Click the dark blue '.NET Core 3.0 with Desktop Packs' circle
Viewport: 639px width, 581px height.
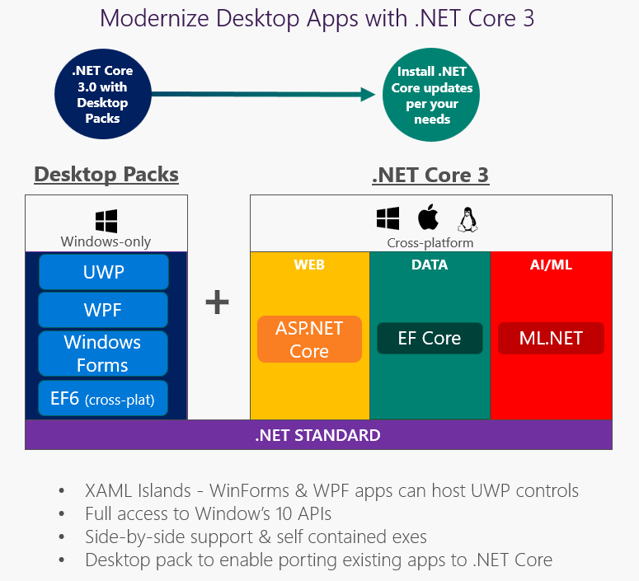coord(102,95)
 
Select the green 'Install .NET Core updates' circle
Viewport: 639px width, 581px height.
coord(431,95)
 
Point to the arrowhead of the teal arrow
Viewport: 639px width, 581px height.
coord(368,95)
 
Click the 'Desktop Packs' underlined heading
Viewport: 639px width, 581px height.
coord(106,175)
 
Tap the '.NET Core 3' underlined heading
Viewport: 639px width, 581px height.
coord(430,175)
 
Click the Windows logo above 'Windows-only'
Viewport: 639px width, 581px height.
coord(106,221)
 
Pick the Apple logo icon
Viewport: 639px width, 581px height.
coord(427,218)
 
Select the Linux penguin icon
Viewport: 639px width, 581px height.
coord(468,219)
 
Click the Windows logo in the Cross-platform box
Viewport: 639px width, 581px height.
coord(388,218)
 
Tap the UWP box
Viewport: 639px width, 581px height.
coord(104,272)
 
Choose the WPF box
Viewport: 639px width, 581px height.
coord(104,310)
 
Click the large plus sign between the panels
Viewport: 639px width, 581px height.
coord(217,302)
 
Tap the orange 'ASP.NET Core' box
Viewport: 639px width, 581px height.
coord(309,339)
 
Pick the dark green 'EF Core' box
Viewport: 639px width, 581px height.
coord(430,338)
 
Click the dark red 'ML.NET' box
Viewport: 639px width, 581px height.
coord(551,338)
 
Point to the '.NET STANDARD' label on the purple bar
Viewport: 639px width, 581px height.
coord(317,435)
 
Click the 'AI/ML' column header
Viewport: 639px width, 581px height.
coord(551,265)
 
